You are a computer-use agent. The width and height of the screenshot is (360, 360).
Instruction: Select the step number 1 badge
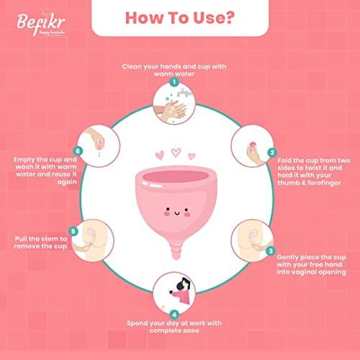coord(174,82)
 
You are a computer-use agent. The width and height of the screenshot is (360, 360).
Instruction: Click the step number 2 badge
coord(271,153)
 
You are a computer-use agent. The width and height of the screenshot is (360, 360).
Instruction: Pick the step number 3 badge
coord(270,251)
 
